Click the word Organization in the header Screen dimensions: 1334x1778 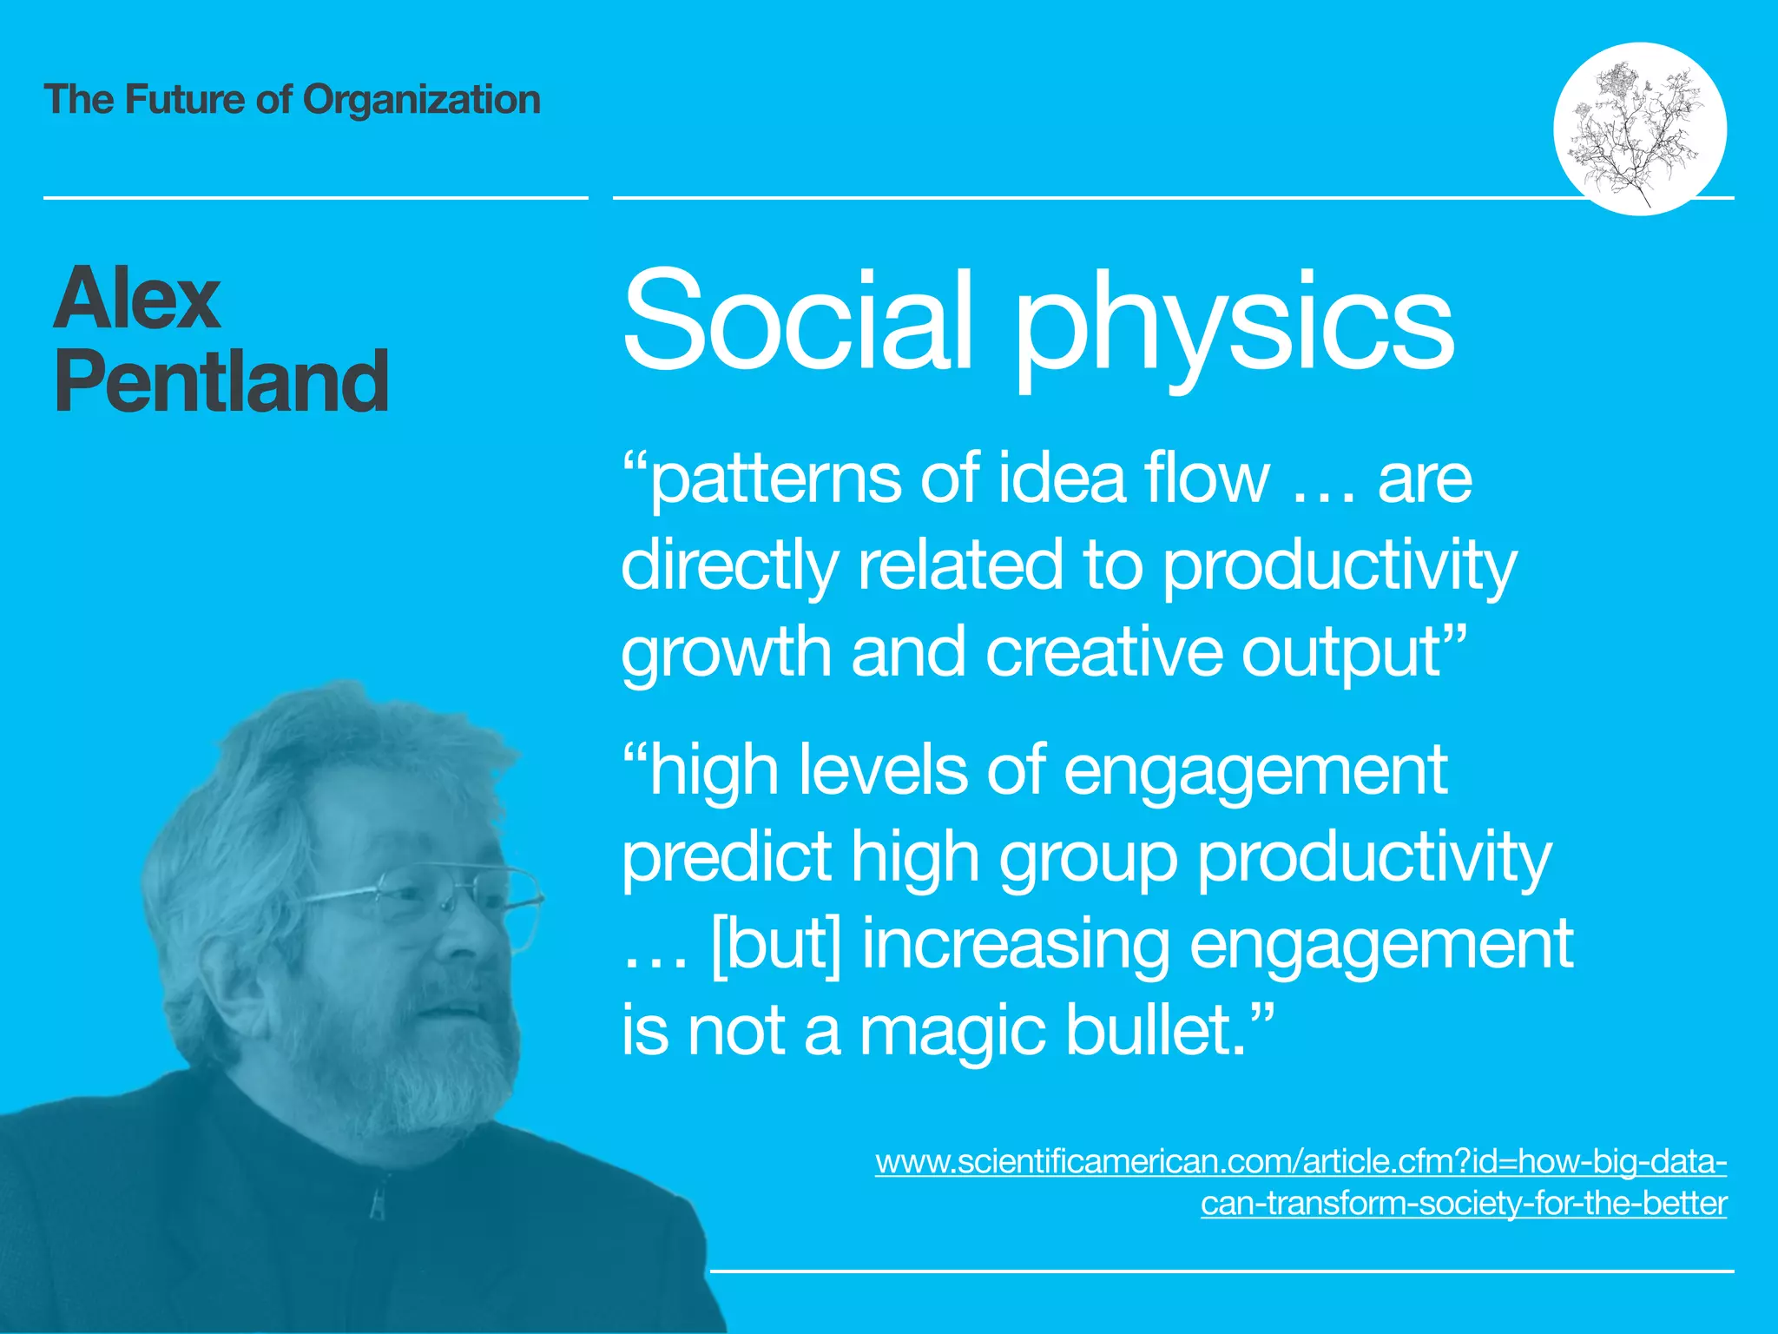click(421, 100)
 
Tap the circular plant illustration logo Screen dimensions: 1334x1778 click(1639, 129)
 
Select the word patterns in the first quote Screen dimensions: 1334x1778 click(777, 480)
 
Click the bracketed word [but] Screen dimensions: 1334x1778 click(775, 945)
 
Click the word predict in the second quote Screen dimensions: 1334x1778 click(727, 858)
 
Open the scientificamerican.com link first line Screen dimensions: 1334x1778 click(1301, 1161)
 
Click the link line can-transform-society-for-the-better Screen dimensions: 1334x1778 click(1464, 1204)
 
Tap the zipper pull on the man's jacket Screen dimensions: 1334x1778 click(377, 1203)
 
